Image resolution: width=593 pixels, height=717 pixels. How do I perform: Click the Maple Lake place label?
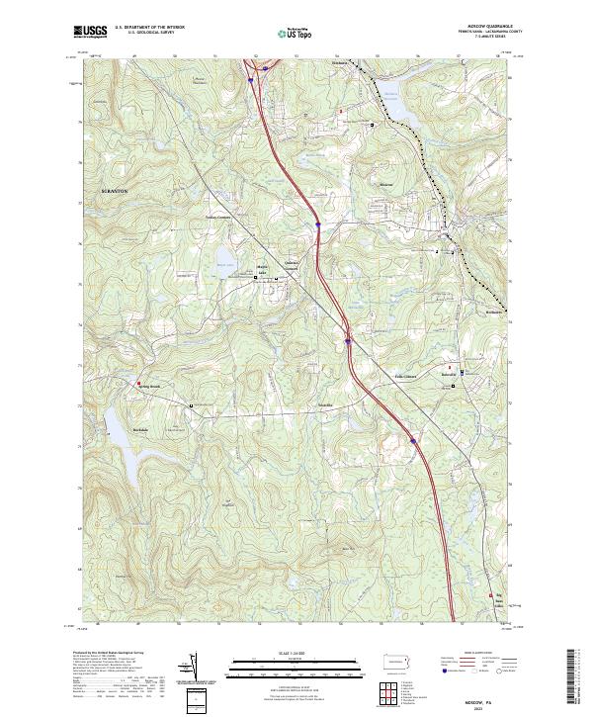tap(263, 267)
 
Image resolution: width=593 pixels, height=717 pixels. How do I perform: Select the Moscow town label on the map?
tap(386, 184)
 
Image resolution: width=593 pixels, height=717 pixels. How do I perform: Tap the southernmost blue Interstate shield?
tap(412, 442)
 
